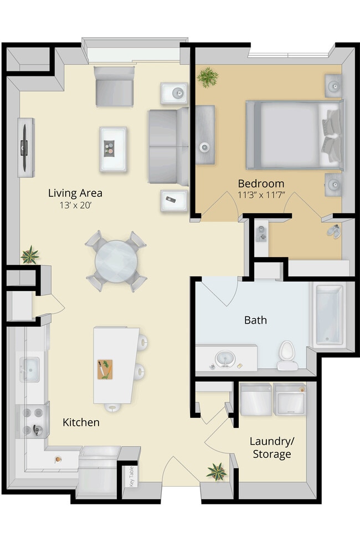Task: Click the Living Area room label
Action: coord(75,193)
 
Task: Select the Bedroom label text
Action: coord(261,183)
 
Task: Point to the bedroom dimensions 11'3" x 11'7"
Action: coord(261,195)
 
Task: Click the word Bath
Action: coord(255,320)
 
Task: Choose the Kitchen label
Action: coord(81,422)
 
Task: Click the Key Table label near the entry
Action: coord(132,476)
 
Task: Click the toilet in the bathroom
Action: coord(286,355)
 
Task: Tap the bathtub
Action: coord(330,315)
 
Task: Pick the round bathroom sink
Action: coord(225,359)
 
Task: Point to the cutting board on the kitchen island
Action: coord(105,369)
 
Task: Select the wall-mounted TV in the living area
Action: coord(24,147)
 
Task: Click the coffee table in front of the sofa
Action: coord(113,149)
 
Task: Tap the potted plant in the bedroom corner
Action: coord(207,77)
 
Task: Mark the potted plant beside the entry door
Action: coord(216,471)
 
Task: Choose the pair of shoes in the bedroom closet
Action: coord(334,231)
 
